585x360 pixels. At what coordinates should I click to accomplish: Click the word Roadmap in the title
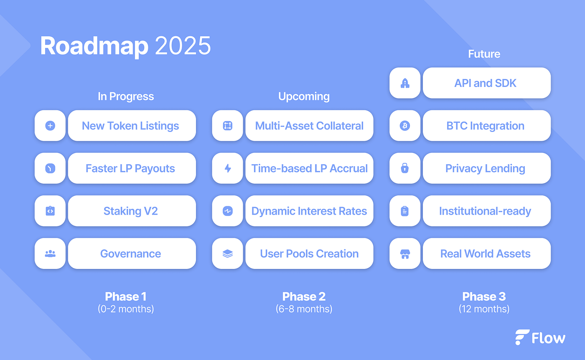(94, 46)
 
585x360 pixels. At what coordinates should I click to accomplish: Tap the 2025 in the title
(183, 46)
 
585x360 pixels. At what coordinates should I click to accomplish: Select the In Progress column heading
(126, 96)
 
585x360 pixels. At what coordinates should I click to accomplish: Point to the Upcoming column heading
(304, 96)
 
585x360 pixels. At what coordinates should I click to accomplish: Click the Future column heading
(484, 54)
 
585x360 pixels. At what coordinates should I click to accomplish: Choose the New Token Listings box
(132, 126)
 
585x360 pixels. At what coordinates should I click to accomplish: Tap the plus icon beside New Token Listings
(50, 126)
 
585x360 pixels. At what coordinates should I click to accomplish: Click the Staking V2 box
(132, 211)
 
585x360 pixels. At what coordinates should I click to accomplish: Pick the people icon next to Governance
(50, 254)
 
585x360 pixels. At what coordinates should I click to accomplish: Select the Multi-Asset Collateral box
(309, 126)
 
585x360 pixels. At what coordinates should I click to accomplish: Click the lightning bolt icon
(228, 168)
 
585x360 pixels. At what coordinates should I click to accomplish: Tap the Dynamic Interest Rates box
(309, 211)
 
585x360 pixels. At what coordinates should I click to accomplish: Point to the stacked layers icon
(227, 254)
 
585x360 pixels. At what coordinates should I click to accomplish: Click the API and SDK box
(487, 83)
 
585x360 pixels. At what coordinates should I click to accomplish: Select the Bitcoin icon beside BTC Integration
(405, 126)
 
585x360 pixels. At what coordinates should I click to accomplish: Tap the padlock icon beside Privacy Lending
(405, 168)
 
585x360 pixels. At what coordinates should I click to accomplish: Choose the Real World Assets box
(487, 254)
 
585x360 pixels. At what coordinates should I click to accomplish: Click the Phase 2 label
(304, 297)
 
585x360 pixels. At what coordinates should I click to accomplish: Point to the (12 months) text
(484, 309)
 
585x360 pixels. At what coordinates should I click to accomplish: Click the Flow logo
(540, 337)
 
